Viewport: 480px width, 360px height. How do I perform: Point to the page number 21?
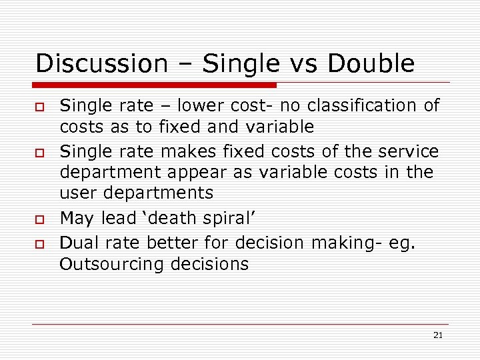tap(437, 335)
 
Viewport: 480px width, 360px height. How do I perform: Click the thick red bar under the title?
tap(155, 85)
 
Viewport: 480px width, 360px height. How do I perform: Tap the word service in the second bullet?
tap(405, 152)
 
